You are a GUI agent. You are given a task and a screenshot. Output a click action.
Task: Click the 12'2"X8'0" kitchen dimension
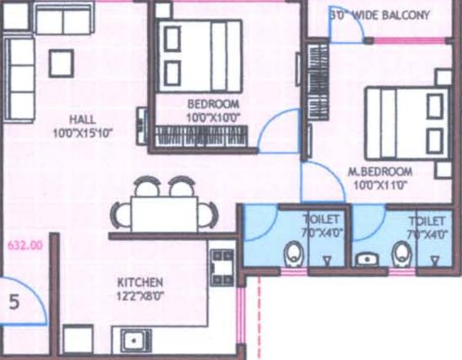[x=140, y=295]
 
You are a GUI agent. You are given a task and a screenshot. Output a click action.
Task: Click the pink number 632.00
[x=23, y=247]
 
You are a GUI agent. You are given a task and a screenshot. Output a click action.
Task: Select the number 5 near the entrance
[x=13, y=302]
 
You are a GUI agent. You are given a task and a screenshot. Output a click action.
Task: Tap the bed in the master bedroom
[x=407, y=122]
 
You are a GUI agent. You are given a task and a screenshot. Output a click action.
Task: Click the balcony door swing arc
[x=346, y=25]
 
